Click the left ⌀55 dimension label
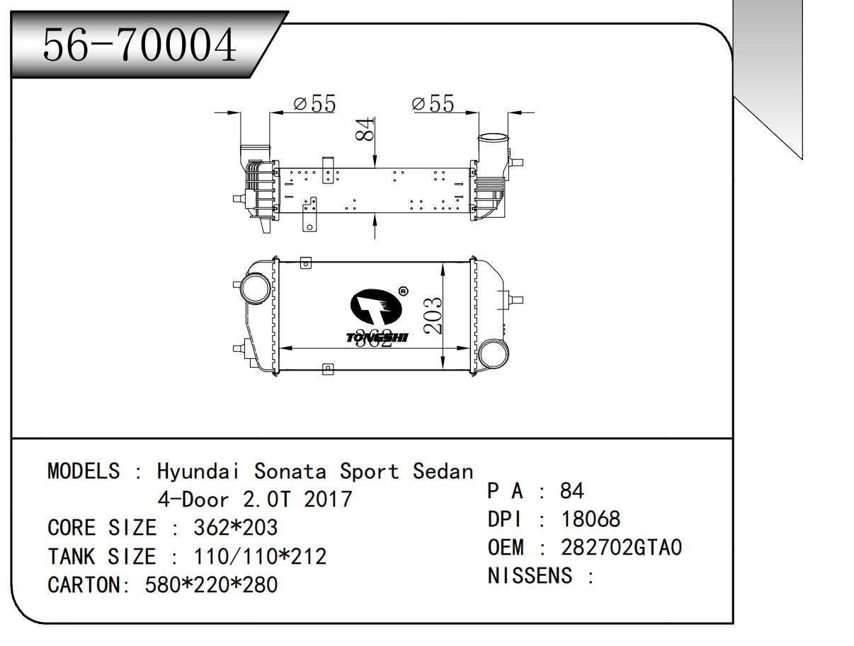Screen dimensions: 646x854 [x=314, y=104]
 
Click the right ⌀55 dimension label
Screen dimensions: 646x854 [x=433, y=104]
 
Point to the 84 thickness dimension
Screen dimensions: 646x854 [x=365, y=129]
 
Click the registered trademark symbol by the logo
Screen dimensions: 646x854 [x=403, y=291]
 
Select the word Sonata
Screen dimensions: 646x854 [x=292, y=471]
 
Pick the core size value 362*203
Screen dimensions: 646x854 [x=236, y=528]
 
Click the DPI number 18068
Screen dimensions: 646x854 [x=591, y=519]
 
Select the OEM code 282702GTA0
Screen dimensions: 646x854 [x=621, y=548]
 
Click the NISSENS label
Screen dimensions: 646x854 [x=530, y=576]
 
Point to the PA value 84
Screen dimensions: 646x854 [x=571, y=491]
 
